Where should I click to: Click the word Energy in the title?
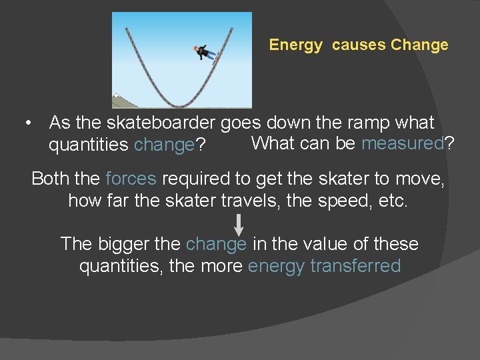click(295, 46)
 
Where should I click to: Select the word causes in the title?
click(359, 45)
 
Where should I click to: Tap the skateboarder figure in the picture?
click(205, 53)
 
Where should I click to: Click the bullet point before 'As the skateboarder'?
click(27, 123)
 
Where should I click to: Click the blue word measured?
click(402, 143)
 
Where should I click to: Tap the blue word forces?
click(131, 179)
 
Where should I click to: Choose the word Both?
click(51, 179)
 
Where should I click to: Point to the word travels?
click(251, 201)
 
